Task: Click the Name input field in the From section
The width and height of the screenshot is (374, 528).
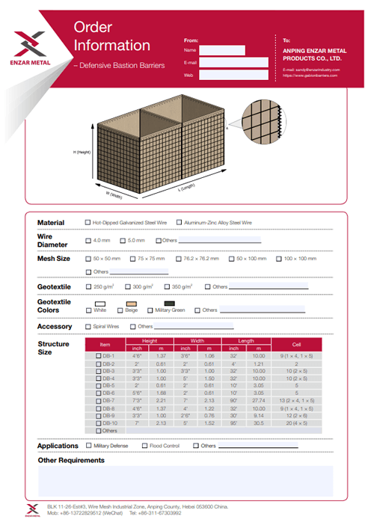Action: coord(221,50)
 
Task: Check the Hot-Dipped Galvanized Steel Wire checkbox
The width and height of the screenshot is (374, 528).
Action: coord(88,223)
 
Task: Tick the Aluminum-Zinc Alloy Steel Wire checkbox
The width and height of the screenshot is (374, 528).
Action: coord(180,223)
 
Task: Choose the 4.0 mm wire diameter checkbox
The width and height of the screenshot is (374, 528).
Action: coord(88,240)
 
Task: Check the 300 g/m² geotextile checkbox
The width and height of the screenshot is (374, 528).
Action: coord(127,286)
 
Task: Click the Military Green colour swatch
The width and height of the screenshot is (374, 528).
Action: coord(169,303)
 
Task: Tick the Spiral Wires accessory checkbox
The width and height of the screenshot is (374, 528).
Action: coord(88,326)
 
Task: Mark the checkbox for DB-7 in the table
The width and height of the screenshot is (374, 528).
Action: coord(98,401)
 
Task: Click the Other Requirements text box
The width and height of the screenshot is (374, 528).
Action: coord(185,481)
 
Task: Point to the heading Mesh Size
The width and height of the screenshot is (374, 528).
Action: coord(54,258)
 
